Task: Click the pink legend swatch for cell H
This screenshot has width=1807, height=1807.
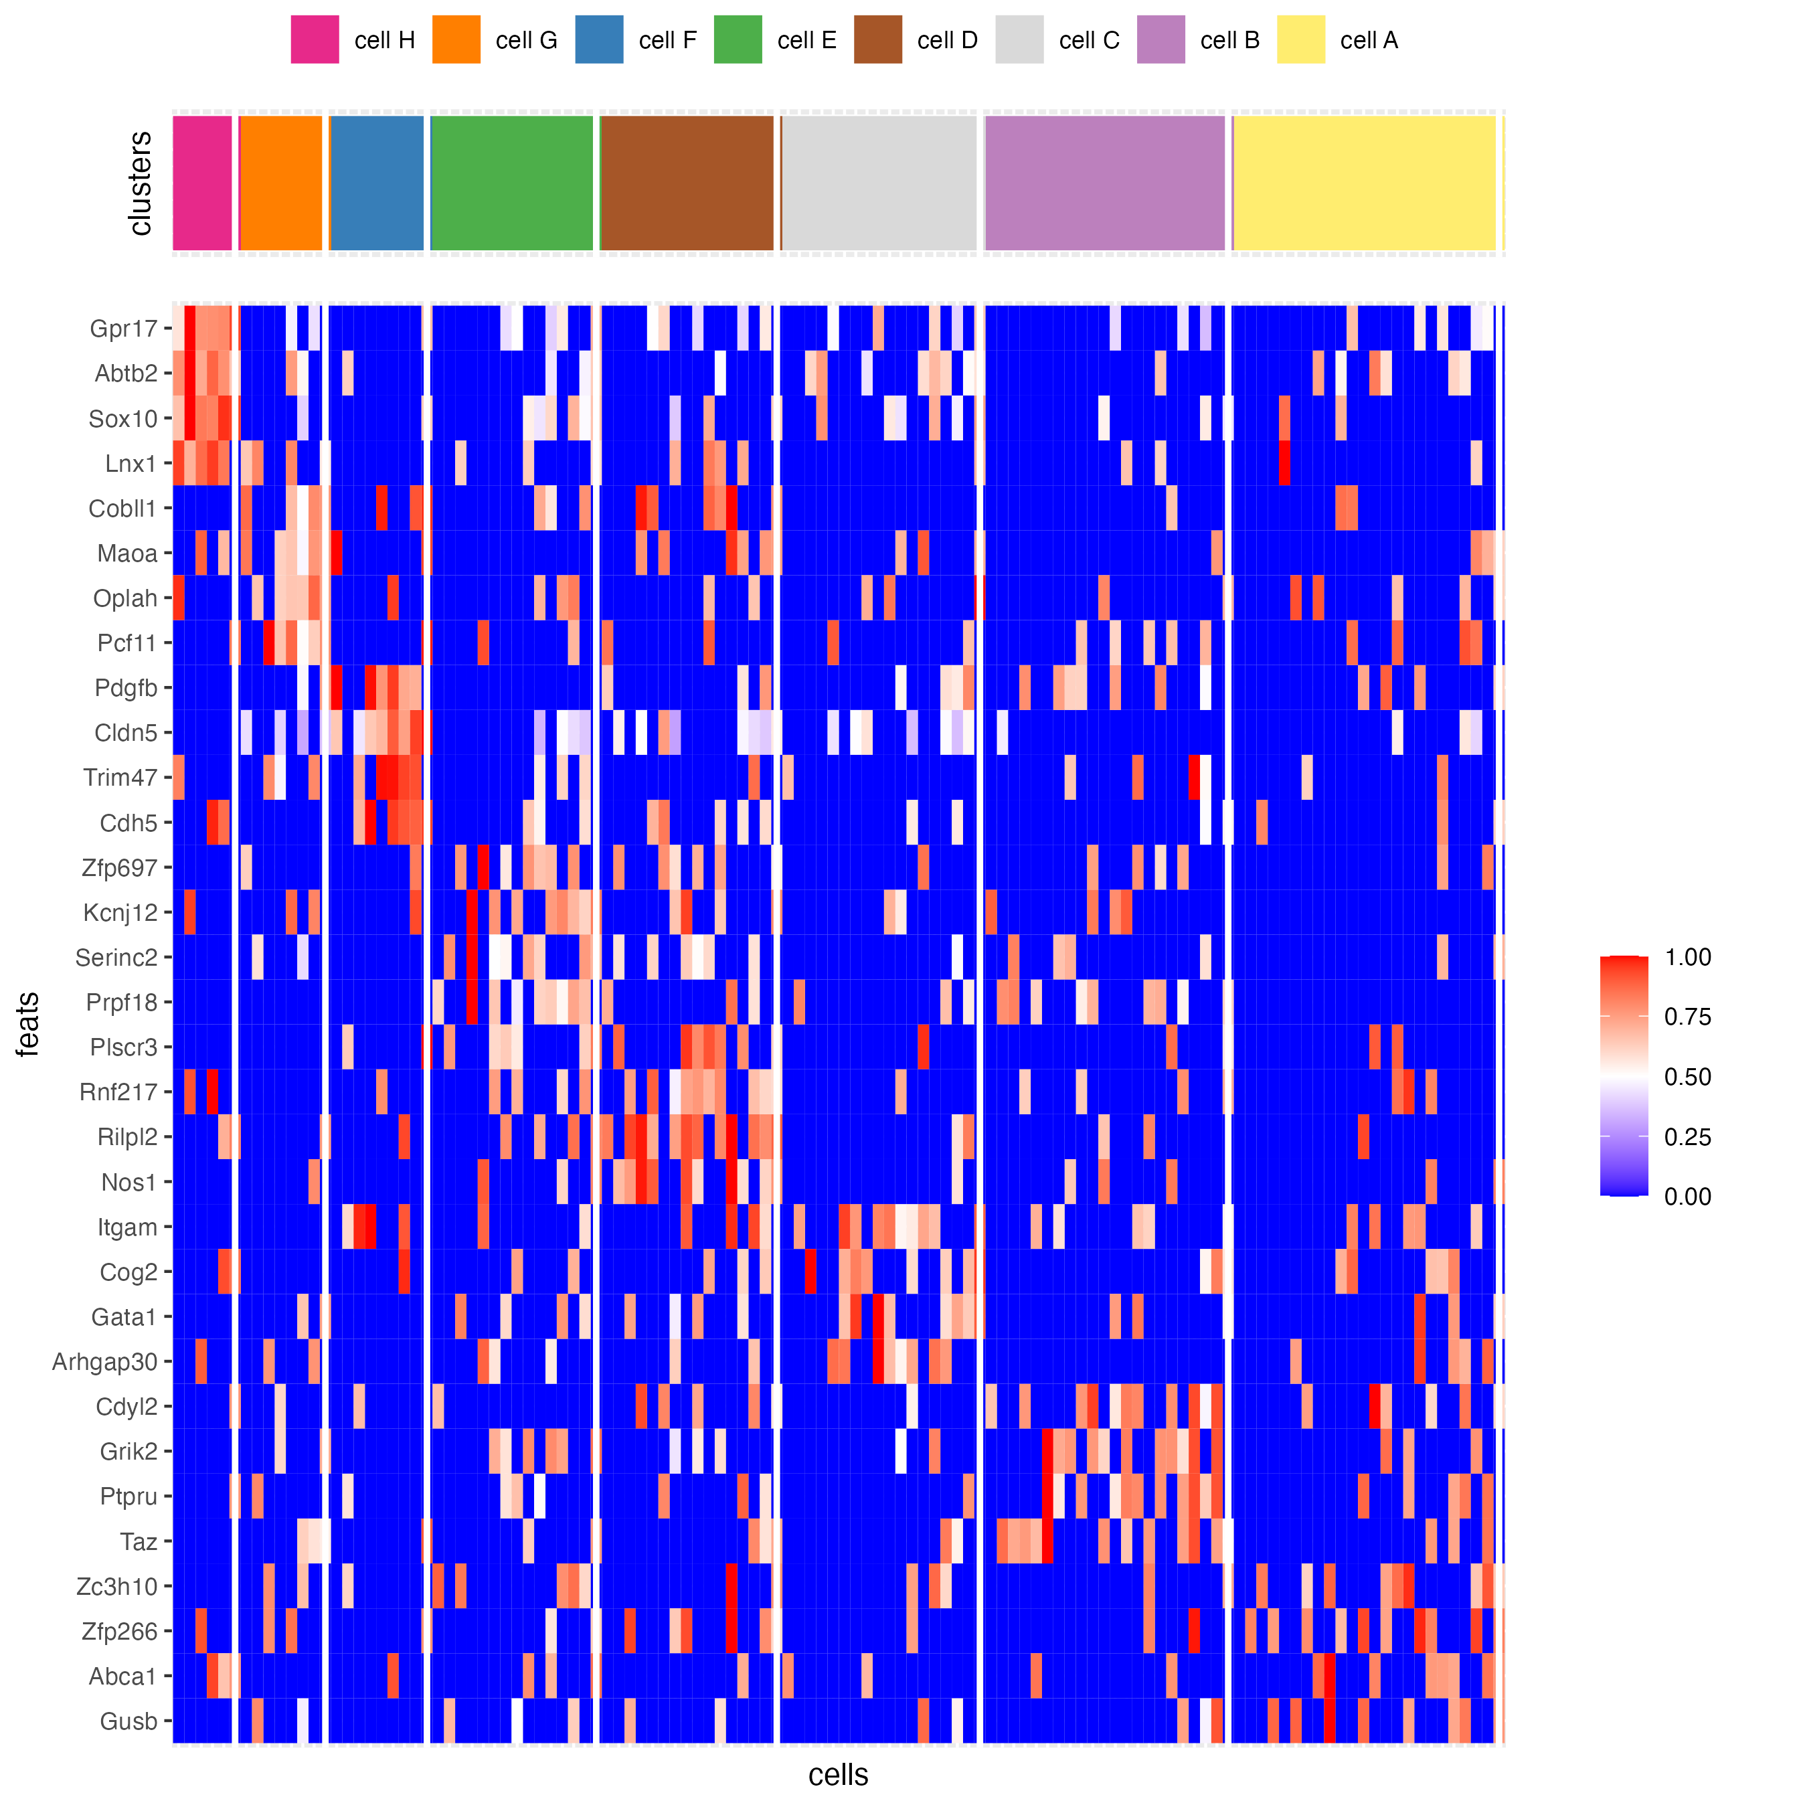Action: tap(315, 39)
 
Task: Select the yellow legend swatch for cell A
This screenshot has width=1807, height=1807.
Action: tap(1300, 39)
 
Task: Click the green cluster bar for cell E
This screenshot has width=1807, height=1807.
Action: tap(511, 183)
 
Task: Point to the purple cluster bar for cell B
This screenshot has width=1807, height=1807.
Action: tap(1104, 183)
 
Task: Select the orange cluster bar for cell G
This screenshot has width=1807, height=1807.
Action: tap(280, 183)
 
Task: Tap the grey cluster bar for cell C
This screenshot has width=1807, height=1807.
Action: tap(878, 183)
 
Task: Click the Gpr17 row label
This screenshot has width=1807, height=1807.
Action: tap(123, 329)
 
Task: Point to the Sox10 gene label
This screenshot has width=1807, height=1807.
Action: tap(122, 418)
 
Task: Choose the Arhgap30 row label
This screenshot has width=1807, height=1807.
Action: tap(105, 1362)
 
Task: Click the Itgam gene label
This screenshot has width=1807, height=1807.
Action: tap(127, 1227)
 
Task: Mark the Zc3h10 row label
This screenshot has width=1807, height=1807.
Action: tap(117, 1586)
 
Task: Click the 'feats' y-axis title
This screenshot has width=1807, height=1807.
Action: tap(28, 1024)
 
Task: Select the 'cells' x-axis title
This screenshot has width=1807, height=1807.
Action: tap(838, 1774)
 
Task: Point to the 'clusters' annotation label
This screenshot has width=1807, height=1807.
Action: tap(141, 183)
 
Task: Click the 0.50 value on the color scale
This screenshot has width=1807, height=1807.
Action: tap(1687, 1077)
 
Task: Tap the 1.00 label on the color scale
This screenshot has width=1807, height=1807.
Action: tap(1687, 957)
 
